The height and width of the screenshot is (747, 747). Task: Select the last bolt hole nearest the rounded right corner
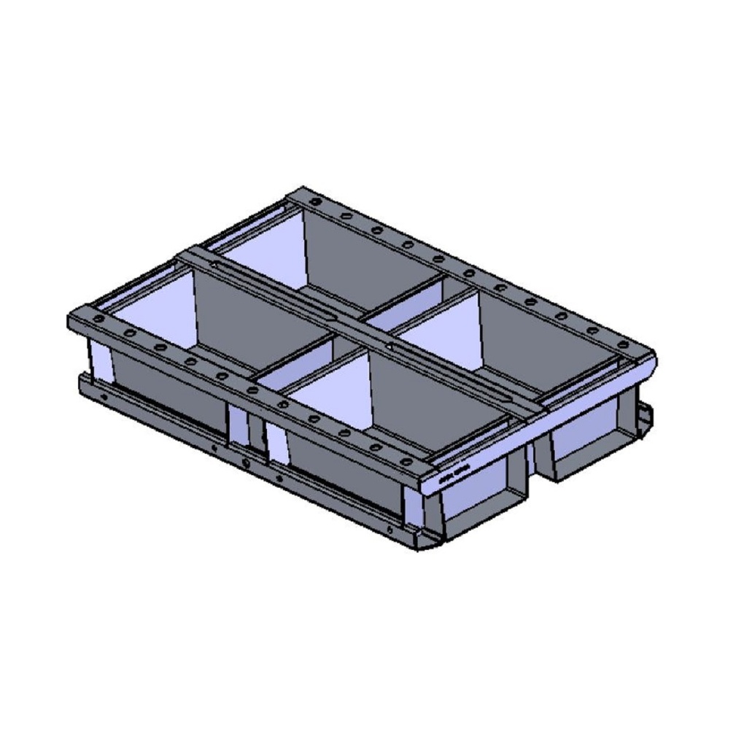tap(623, 344)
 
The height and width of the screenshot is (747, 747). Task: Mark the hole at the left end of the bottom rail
tap(104, 398)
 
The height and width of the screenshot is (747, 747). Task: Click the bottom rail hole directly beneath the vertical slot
tap(246, 463)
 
